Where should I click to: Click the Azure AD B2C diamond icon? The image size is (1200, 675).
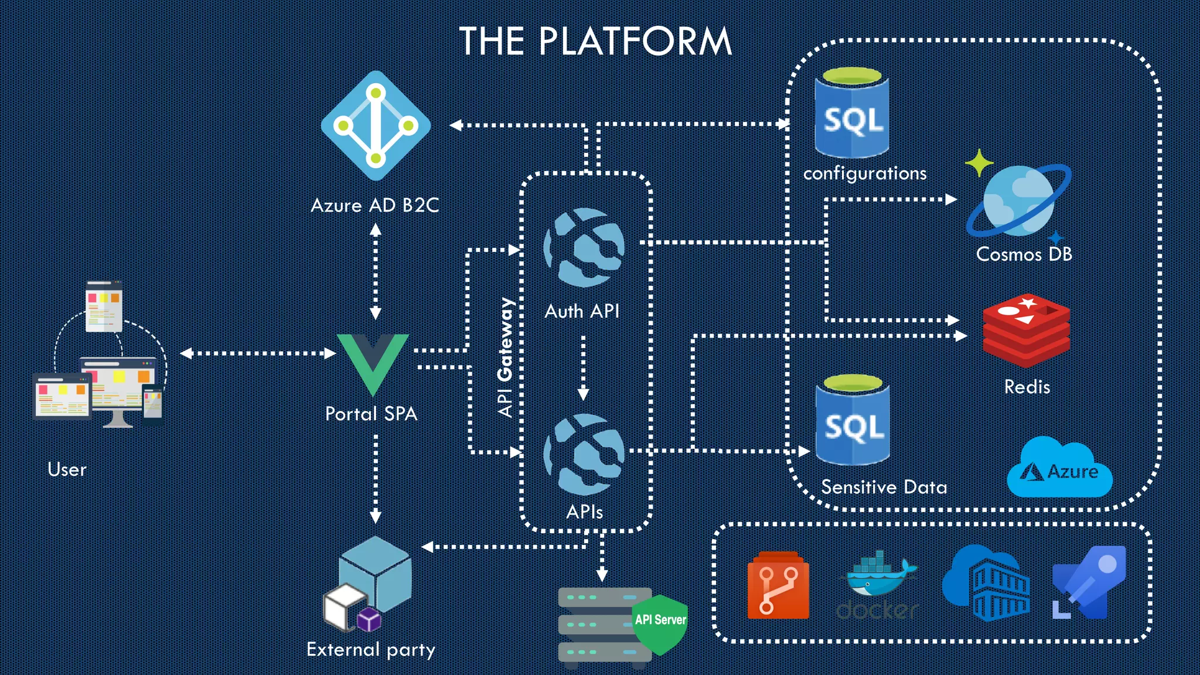click(376, 125)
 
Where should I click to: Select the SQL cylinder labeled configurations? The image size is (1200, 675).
click(852, 114)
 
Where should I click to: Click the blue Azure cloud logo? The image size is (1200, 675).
click(1059, 469)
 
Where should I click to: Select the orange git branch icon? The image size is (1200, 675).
click(778, 585)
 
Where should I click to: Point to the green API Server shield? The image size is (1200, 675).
click(660, 623)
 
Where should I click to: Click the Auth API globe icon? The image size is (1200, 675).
click(584, 247)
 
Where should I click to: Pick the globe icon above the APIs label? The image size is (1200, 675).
click(584, 454)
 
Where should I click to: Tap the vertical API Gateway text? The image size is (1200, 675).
click(505, 357)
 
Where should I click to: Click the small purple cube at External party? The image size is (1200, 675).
click(369, 619)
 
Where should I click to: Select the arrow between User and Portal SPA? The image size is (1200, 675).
click(258, 353)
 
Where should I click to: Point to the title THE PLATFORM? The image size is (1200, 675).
click(595, 42)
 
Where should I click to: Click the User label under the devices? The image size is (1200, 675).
click(67, 469)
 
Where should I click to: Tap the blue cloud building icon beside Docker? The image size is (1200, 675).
click(986, 584)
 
